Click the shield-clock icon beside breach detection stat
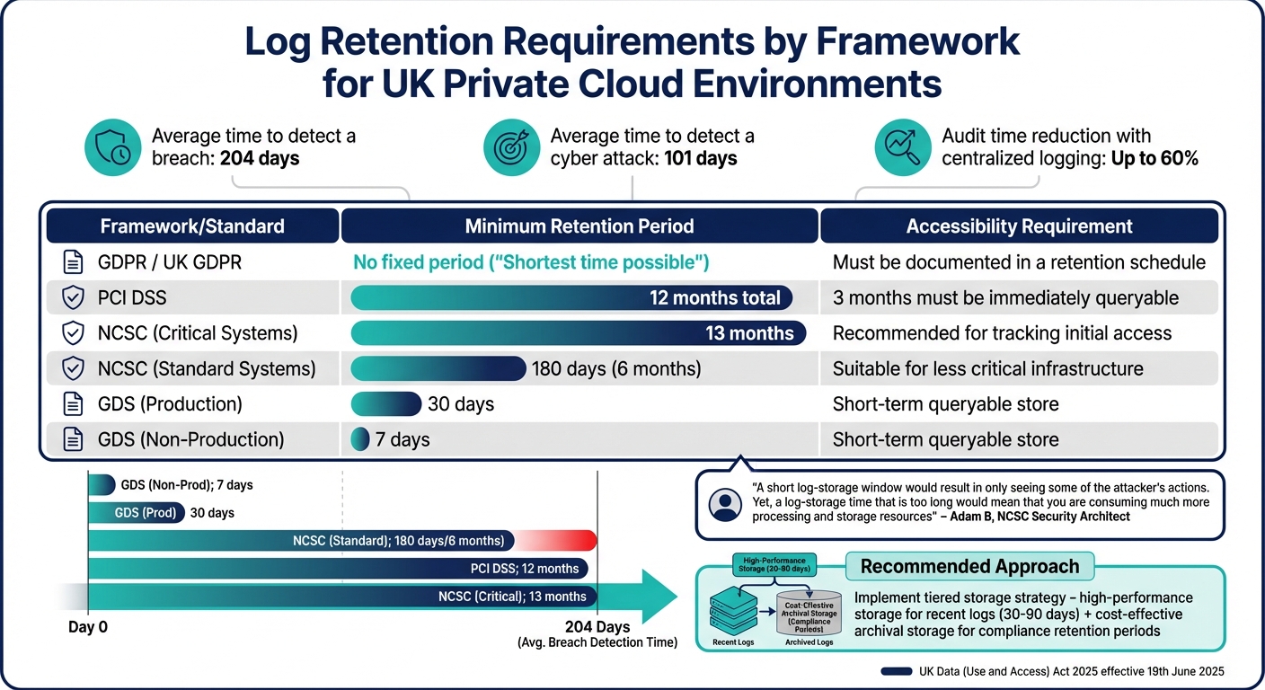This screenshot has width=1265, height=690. point(113,147)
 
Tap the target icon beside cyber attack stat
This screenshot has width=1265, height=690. point(511,147)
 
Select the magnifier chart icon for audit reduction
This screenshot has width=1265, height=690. point(902,147)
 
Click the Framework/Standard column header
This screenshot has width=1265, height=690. point(192,226)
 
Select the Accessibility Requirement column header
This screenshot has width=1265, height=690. point(1019,226)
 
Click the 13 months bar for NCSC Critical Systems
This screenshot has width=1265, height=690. point(578,333)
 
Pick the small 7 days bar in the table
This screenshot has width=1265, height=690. point(359,439)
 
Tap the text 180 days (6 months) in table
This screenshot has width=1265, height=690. point(615,368)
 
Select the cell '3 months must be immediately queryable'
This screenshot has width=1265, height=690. point(1005,297)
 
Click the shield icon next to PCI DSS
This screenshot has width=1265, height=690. point(72,297)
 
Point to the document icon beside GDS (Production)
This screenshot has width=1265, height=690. point(72,404)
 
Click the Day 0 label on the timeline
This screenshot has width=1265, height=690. point(88,626)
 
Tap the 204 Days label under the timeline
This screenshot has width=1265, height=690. point(597,626)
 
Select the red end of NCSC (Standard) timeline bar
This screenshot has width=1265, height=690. point(575,540)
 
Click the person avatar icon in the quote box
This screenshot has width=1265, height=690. point(725,506)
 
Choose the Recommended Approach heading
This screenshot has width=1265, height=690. point(969,566)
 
